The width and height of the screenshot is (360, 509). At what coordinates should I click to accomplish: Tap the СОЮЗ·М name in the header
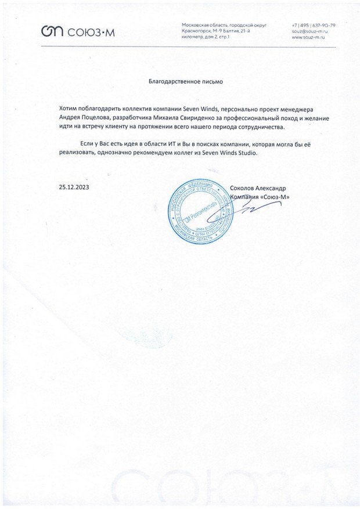point(92,32)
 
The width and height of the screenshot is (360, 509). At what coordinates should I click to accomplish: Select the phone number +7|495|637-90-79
point(313,26)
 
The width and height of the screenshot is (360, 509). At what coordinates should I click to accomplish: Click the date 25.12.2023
point(74,187)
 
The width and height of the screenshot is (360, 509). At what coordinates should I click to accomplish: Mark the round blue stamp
point(197,212)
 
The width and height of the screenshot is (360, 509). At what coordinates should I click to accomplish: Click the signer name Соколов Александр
point(257,188)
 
